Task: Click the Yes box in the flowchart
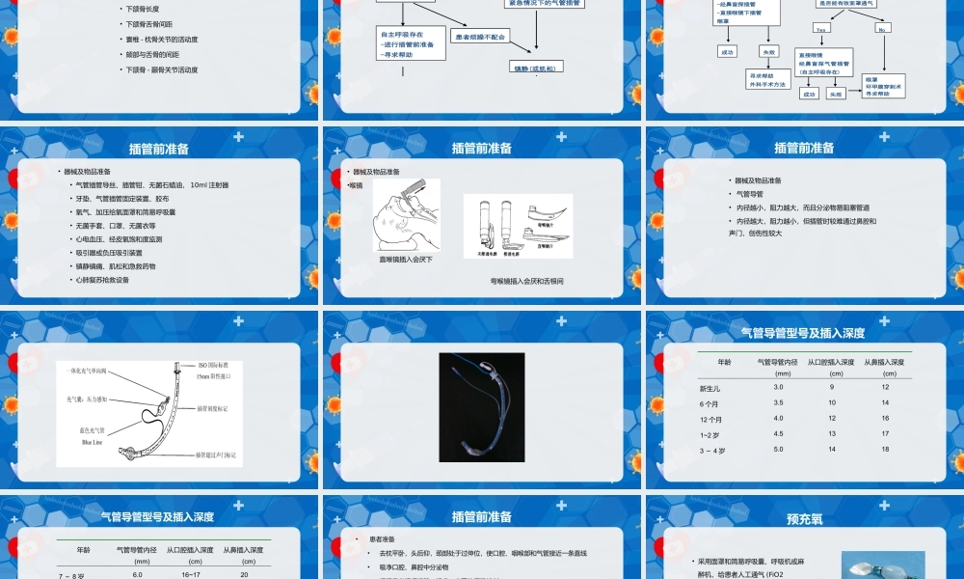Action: tap(822, 29)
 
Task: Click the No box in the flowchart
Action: tap(880, 29)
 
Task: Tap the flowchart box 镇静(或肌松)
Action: tap(535, 67)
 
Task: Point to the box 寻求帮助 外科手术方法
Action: tap(768, 79)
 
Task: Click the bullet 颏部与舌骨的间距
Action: tap(152, 55)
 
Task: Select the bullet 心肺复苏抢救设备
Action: tap(116, 280)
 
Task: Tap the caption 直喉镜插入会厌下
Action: tap(406, 259)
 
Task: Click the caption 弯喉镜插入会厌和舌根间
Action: tap(526, 282)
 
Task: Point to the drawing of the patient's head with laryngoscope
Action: tap(407, 214)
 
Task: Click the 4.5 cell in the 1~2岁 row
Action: tap(778, 433)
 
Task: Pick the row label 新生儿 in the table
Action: tap(710, 387)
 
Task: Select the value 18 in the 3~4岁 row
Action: tap(884, 449)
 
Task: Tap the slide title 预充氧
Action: tap(805, 519)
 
